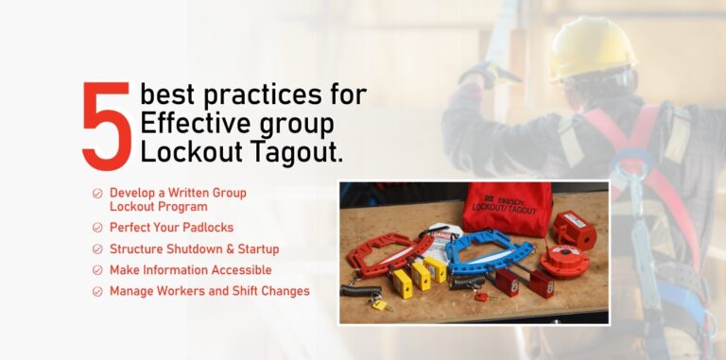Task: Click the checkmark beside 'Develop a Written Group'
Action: [97, 193]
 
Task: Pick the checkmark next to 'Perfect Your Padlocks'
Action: [97, 228]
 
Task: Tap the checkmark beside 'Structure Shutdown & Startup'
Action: [97, 249]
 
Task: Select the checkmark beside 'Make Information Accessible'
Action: [97, 270]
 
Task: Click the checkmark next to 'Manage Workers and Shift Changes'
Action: [97, 291]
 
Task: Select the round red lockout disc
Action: [565, 259]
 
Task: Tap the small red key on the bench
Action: [482, 297]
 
